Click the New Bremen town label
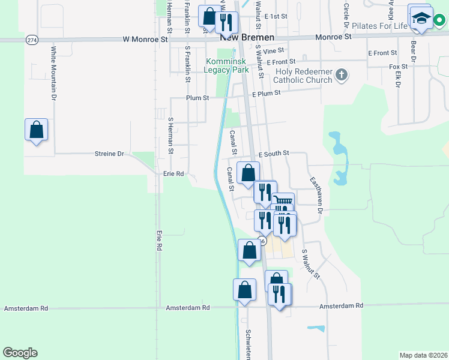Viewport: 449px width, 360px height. [x=239, y=37]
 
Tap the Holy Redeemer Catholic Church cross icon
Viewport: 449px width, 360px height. [x=342, y=75]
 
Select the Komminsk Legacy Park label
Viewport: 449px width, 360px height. [x=226, y=65]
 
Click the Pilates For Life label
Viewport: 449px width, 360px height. [x=379, y=26]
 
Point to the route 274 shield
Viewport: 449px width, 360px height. [x=31, y=39]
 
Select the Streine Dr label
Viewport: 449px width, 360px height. [x=109, y=154]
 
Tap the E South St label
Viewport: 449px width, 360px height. [x=274, y=154]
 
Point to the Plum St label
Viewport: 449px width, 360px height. [x=197, y=97]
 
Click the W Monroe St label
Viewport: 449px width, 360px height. [x=145, y=39]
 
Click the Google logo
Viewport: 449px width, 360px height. [x=20, y=353]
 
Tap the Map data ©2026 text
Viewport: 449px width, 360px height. [x=423, y=355]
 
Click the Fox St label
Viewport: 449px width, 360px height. [x=398, y=66]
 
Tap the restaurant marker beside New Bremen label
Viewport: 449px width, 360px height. [x=227, y=22]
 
